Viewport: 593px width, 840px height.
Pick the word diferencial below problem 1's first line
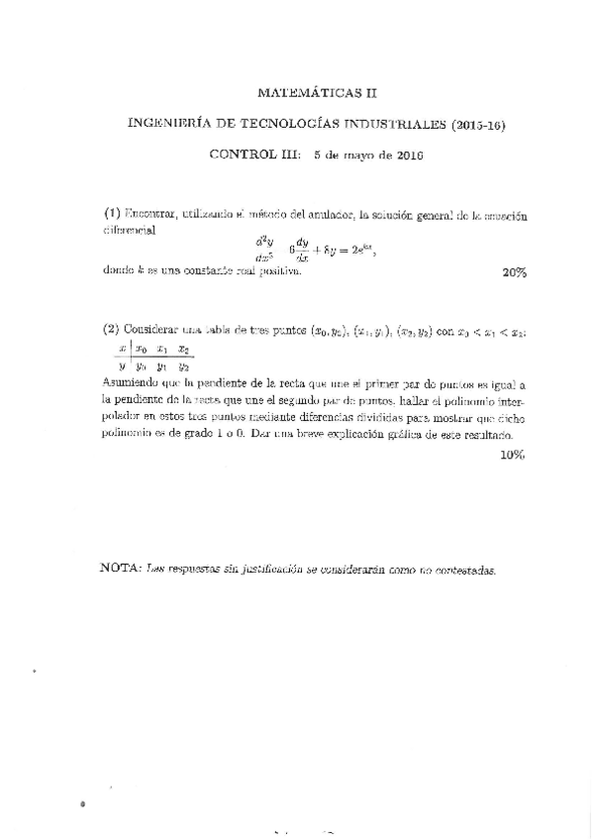tap(129, 229)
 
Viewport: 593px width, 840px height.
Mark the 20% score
tap(514, 272)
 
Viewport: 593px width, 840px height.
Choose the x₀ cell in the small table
tap(141, 349)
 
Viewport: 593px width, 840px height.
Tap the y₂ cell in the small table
tap(183, 367)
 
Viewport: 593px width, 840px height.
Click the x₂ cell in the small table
tap(183, 349)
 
